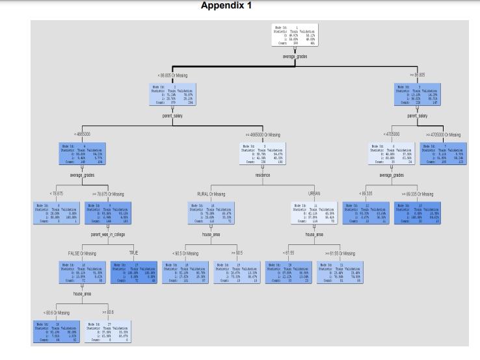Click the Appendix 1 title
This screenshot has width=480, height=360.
click(226, 6)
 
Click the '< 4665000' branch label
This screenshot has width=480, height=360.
click(83, 134)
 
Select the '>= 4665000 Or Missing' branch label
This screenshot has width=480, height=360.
click(263, 134)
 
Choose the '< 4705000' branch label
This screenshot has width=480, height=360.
click(391, 134)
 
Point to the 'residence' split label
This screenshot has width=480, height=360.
click(262, 175)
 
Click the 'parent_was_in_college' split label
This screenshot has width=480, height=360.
click(108, 233)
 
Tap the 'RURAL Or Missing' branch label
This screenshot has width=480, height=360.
click(211, 194)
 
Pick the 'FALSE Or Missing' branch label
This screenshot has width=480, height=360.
click(82, 252)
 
